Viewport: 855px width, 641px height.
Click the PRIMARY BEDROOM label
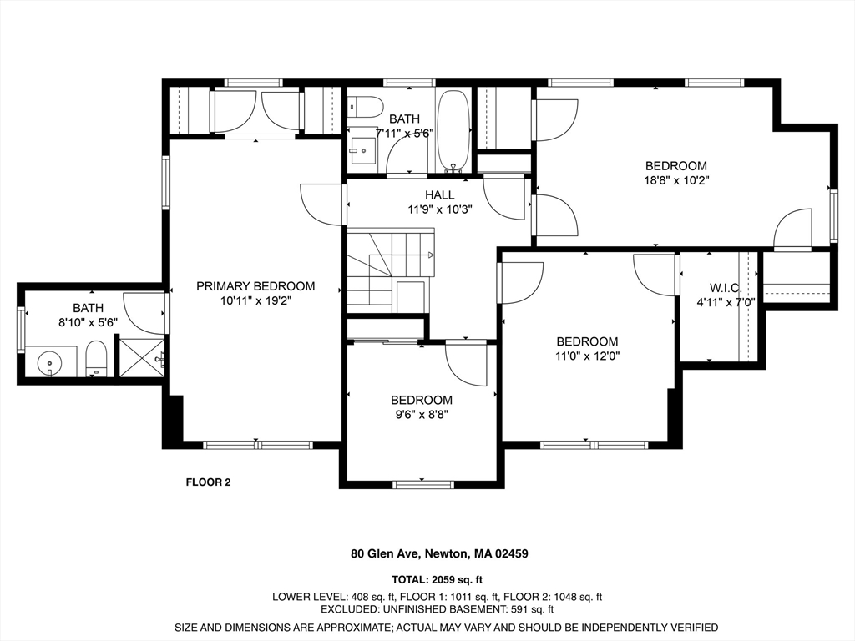tap(255, 286)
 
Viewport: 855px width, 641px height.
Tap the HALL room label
tap(439, 194)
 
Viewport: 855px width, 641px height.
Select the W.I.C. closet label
tap(726, 288)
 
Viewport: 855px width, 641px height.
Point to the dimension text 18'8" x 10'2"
tap(676, 180)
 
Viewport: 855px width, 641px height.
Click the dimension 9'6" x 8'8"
tap(422, 414)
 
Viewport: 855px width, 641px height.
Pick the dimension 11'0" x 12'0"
tap(587, 356)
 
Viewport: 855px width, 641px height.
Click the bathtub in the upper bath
tap(453, 131)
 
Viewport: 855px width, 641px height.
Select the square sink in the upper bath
tap(362, 151)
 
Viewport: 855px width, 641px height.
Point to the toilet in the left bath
tap(96, 359)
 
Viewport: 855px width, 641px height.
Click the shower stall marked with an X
tap(142, 357)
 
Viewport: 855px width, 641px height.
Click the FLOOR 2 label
tap(208, 482)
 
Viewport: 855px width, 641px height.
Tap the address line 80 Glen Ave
tap(439, 554)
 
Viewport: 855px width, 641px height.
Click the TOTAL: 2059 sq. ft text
tap(437, 579)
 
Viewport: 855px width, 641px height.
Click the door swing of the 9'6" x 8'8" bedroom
tap(466, 364)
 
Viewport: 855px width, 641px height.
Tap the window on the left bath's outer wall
tap(21, 330)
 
